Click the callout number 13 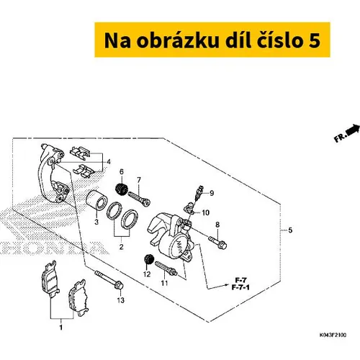point(121,300)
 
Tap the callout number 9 point(212,193)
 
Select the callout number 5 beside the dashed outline point(290,230)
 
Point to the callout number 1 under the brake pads point(61,327)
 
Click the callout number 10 point(206,212)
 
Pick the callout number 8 point(217,225)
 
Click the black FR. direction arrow point(354,130)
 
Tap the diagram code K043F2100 point(333,335)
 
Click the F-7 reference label point(240,280)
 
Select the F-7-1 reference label point(240,287)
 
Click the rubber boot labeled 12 point(148,260)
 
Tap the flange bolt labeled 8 point(217,242)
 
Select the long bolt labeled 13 point(109,280)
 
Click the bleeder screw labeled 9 point(199,193)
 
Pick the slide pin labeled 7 point(139,199)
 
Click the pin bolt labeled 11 point(166,269)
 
